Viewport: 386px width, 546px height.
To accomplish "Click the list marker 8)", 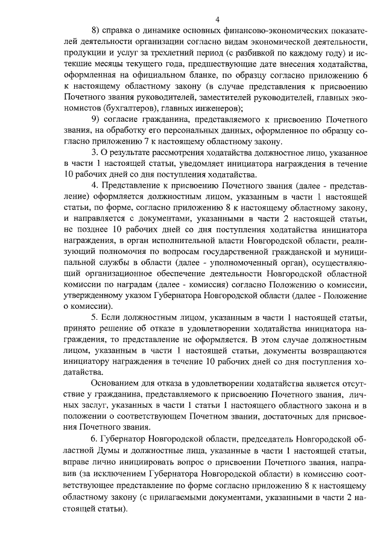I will click(x=96, y=29).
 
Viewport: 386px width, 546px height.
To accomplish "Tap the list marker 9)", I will click(x=96, y=119).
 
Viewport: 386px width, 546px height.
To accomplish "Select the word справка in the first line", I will click(x=120, y=29).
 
